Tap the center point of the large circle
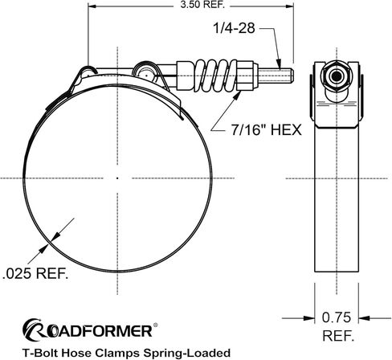tap(117, 177)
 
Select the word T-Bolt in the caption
tap(42, 352)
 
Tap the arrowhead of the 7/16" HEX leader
tap(239, 94)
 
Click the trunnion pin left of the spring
tap(148, 74)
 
